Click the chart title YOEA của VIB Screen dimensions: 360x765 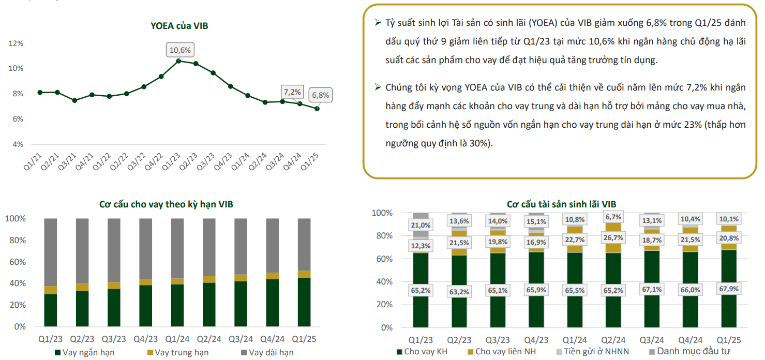coord(179,26)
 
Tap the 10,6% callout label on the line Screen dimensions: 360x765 coord(181,50)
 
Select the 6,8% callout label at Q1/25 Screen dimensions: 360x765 coord(320,95)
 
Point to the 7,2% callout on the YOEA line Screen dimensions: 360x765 coord(292,92)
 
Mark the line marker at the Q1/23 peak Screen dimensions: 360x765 coord(178,61)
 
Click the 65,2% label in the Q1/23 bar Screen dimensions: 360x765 coord(421,291)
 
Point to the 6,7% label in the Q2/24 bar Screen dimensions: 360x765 coord(612,217)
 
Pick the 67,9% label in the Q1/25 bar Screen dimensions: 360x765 coord(729,289)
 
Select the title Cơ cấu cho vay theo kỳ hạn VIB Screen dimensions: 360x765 coord(166,204)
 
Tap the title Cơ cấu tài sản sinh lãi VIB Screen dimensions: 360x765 coord(561,204)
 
